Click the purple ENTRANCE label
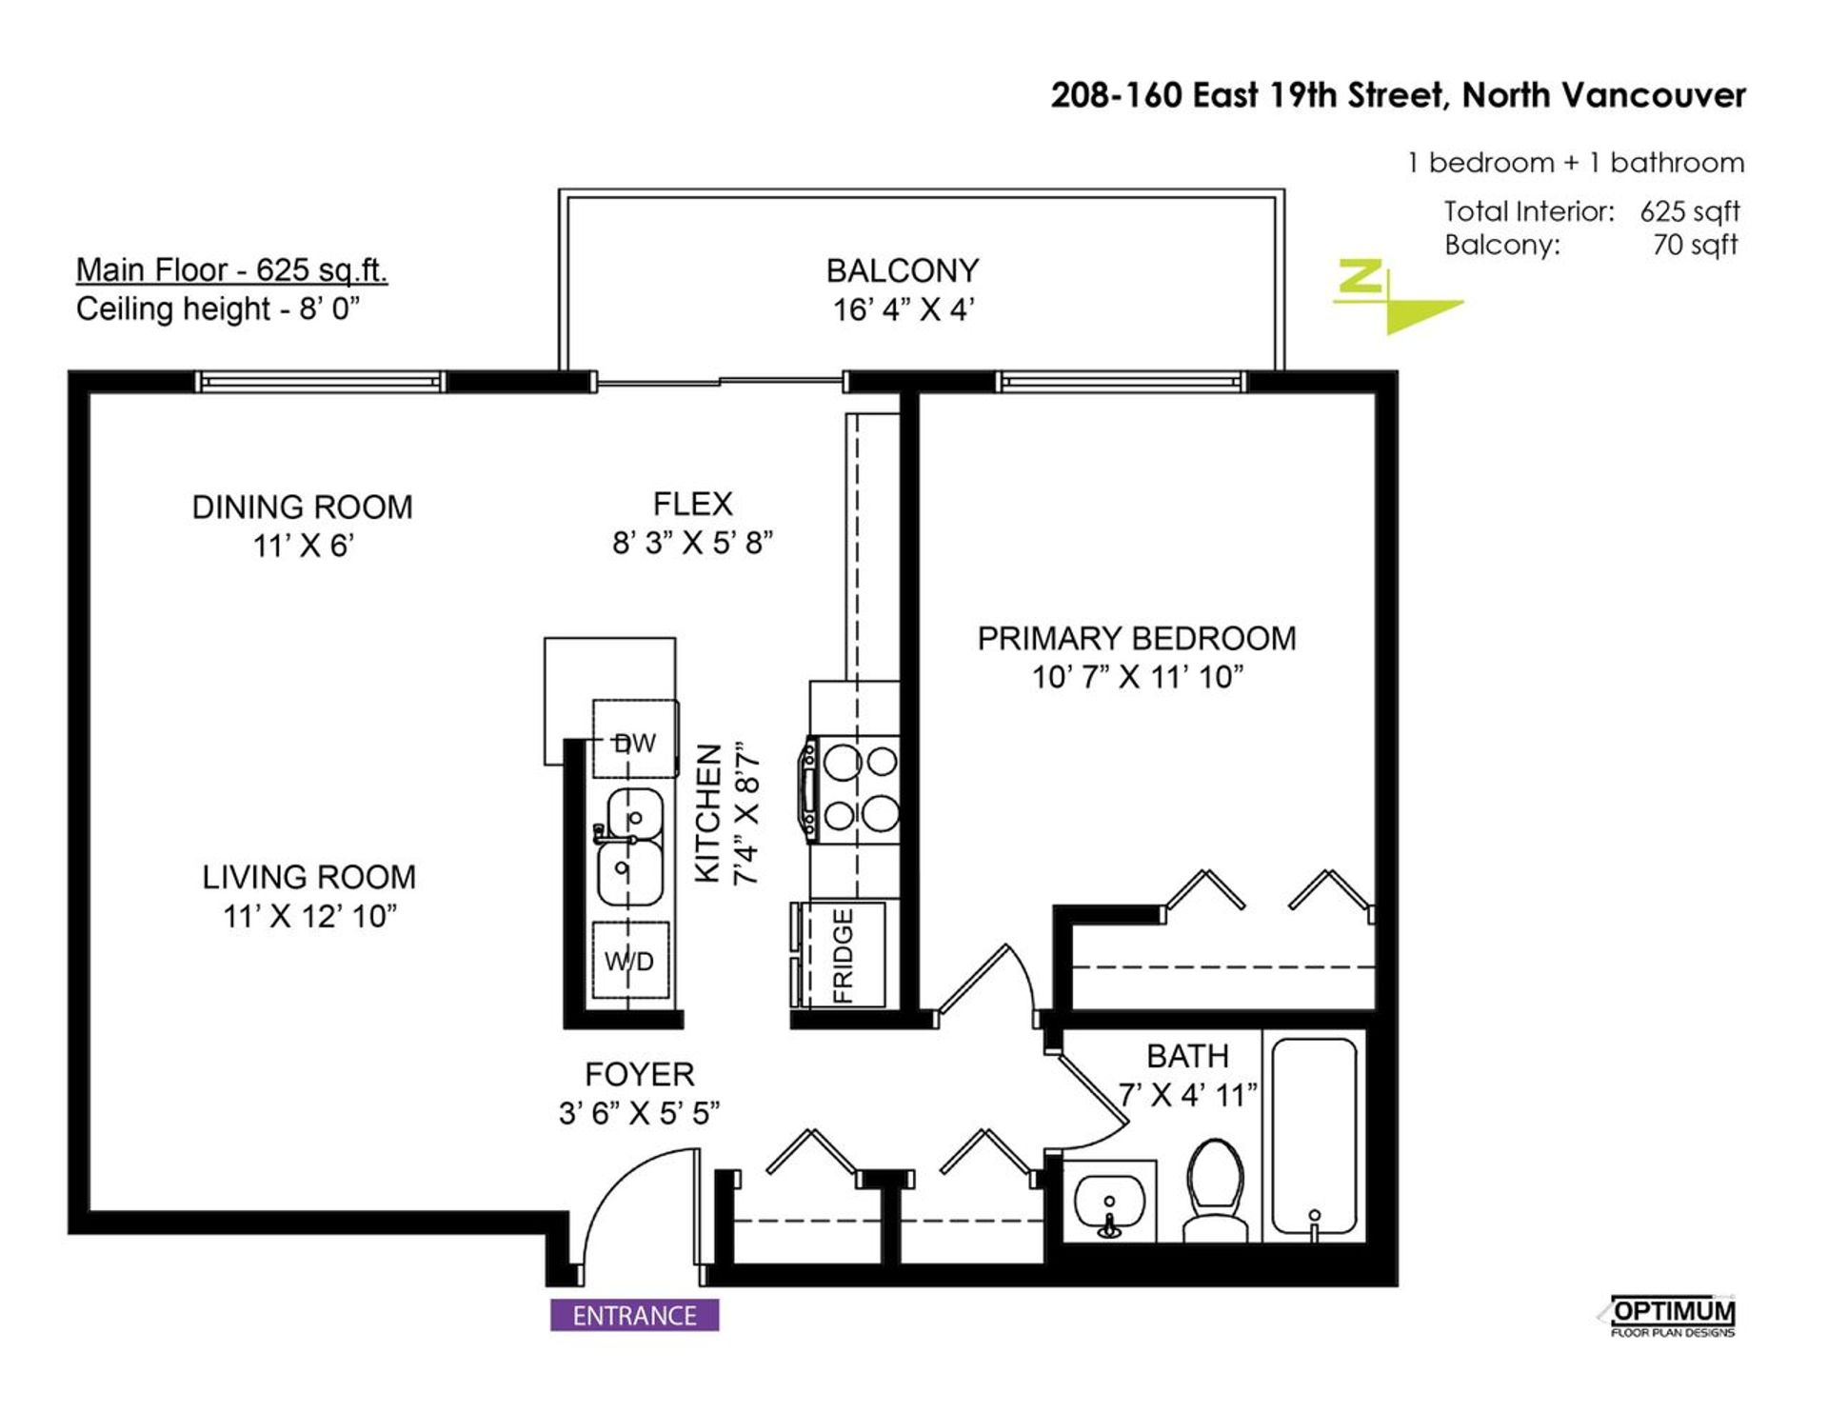click(634, 1315)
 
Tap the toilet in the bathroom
click(1215, 1191)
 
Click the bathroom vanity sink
click(1109, 1202)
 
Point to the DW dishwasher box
click(635, 739)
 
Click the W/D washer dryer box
click(630, 960)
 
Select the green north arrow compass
click(1396, 296)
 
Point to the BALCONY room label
click(903, 271)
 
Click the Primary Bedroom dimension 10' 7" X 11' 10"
click(1138, 677)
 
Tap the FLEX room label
click(693, 504)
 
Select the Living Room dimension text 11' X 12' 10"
click(309, 916)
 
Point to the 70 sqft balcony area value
click(1695, 245)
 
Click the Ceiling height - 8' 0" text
click(218, 308)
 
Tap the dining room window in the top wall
click(321, 382)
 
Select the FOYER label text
click(640, 1074)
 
